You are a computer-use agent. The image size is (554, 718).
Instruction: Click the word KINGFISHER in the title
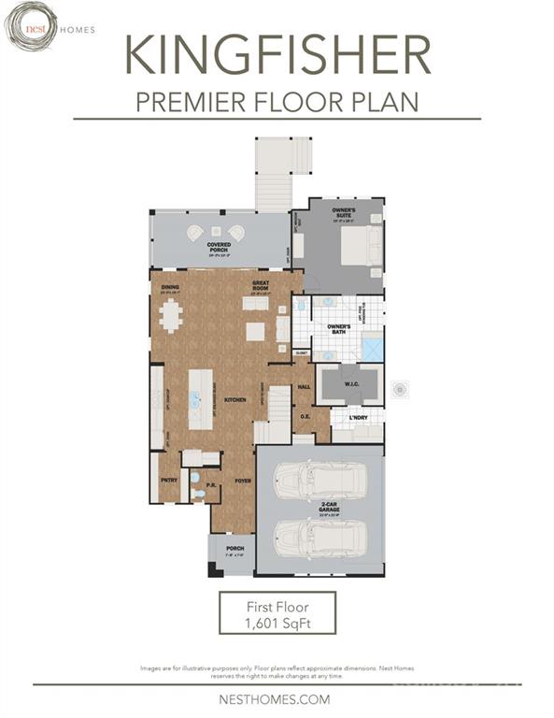pos(277,55)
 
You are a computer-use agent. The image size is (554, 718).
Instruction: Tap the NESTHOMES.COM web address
pos(277,697)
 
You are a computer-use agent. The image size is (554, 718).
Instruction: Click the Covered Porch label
pos(220,247)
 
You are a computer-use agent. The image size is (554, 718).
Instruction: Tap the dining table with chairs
pos(171,318)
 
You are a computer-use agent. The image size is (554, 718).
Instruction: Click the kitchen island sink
pos(196,400)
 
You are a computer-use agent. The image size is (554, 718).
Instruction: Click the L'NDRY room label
pos(356,418)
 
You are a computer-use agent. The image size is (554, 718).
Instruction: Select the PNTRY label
pos(169,481)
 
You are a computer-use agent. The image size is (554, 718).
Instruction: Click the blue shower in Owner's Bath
pos(372,348)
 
